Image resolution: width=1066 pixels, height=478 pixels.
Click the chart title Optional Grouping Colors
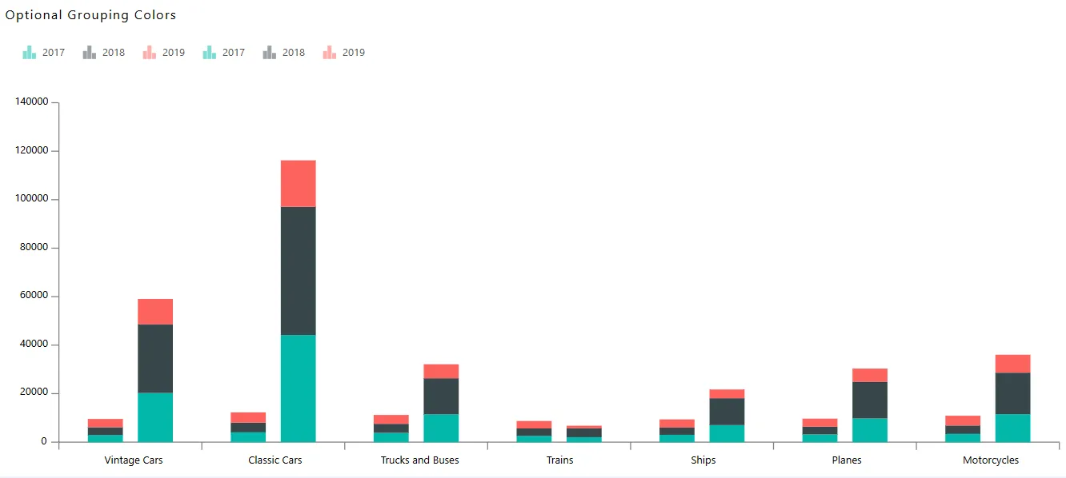pyautogui.click(x=90, y=15)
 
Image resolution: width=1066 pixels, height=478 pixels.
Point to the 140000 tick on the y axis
pyautogui.click(x=33, y=102)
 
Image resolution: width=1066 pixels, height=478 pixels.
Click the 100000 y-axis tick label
pyautogui.click(x=33, y=199)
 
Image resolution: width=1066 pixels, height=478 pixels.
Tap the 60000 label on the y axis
pyautogui.click(x=35, y=297)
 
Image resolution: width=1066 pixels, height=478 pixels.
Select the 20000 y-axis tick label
pyautogui.click(x=35, y=393)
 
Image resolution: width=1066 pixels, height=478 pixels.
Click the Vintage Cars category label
pyautogui.click(x=133, y=460)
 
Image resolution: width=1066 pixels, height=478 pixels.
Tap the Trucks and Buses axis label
pyautogui.click(x=419, y=460)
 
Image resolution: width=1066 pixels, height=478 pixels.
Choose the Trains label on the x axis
pyautogui.click(x=560, y=460)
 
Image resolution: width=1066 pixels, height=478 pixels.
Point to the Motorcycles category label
pyautogui.click(x=991, y=460)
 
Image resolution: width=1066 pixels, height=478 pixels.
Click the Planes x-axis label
pyautogui.click(x=847, y=460)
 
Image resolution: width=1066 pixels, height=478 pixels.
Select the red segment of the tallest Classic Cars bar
pyautogui.click(x=299, y=183)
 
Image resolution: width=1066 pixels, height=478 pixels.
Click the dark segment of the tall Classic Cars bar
pyautogui.click(x=299, y=270)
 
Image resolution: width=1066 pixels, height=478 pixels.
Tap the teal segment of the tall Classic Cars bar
pyautogui.click(x=299, y=388)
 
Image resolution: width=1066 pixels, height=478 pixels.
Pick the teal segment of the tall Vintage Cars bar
pyautogui.click(x=155, y=416)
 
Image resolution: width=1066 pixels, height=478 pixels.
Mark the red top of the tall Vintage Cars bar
pyautogui.click(x=155, y=311)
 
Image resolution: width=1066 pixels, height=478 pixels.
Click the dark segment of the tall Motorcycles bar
pyautogui.click(x=1013, y=393)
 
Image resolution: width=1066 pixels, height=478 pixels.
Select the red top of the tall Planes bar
pyautogui.click(x=870, y=375)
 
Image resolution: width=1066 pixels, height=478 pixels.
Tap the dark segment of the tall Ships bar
pyautogui.click(x=727, y=411)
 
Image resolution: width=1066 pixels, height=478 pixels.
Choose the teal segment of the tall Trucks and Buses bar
pyautogui.click(x=441, y=428)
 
